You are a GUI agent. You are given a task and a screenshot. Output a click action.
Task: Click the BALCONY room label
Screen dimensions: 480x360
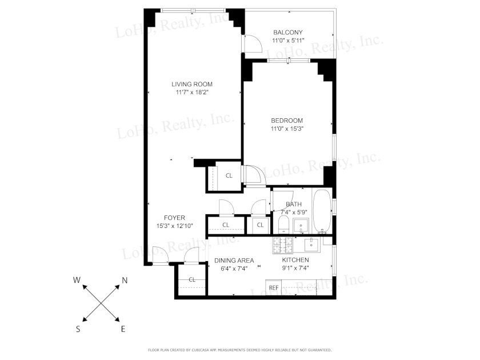288,32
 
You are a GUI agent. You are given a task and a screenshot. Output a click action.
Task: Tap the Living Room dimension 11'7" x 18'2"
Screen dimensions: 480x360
192,92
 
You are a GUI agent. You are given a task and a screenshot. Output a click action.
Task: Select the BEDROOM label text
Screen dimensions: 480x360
287,121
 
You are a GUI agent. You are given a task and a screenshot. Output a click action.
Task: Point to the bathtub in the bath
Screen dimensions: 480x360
322,211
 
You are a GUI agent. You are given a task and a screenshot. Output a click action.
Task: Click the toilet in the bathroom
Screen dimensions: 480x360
284,225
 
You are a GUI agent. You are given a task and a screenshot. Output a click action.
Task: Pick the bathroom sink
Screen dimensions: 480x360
302,226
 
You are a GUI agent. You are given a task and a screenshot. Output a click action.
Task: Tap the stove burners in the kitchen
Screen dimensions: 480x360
283,245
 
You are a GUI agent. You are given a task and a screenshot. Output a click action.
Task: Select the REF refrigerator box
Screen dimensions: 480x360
274,287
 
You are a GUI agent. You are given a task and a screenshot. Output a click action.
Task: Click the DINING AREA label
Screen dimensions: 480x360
234,261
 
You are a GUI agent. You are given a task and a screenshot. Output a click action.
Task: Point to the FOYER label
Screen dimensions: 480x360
174,218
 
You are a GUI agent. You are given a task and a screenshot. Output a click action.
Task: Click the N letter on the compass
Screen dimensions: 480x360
125,280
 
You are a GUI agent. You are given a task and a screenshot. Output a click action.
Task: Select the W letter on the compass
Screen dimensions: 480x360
77,280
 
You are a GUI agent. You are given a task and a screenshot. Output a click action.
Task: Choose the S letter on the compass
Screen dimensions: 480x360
78,329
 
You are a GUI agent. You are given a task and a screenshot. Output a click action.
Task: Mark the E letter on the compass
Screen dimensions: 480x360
123,329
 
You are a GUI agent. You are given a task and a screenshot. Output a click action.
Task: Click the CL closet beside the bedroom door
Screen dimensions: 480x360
229,176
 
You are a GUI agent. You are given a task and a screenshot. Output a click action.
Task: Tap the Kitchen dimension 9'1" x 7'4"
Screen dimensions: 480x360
295,268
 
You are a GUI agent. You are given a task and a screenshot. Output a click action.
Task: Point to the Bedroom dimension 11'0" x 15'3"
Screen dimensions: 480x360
287,129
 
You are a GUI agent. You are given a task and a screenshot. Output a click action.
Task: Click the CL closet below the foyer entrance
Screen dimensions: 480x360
192,279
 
